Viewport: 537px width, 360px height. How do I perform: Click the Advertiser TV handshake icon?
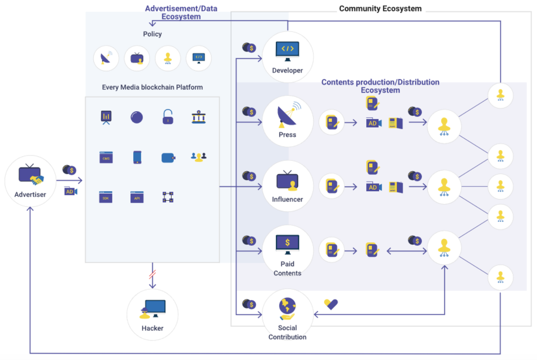[31, 176]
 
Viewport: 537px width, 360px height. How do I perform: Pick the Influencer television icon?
[287, 181]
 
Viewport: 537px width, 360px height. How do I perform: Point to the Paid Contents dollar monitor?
[287, 245]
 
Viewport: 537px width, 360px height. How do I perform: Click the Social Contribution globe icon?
[287, 308]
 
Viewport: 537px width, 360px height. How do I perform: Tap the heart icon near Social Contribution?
[331, 304]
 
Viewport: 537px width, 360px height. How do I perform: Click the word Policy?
[152, 34]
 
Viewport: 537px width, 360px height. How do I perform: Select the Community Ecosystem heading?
[380, 8]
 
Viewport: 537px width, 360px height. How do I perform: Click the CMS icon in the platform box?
[106, 157]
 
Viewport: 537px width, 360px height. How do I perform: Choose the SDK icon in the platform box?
[106, 197]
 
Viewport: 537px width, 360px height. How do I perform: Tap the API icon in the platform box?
[137, 197]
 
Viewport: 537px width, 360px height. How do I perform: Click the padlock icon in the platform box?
[168, 117]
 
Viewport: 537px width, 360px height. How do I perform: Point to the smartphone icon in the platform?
[137, 157]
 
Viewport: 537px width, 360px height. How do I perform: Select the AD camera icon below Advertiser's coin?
[70, 191]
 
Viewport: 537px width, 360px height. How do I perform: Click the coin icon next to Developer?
[249, 47]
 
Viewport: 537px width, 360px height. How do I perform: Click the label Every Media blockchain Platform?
[152, 87]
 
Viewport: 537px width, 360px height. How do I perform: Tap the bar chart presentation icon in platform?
[106, 117]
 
